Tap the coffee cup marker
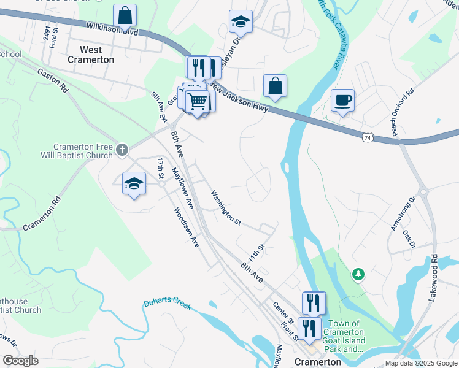pyautogui.click(x=342, y=100)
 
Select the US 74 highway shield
pyautogui.click(x=367, y=138)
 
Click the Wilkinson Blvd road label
pyautogui.click(x=112, y=28)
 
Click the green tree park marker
pyautogui.click(x=358, y=274)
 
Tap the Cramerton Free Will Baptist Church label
pyautogui.click(x=83, y=151)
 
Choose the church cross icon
pyautogui.click(x=122, y=149)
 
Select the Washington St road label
pyautogui.click(x=225, y=207)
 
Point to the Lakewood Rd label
pyautogui.click(x=434, y=272)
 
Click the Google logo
pyautogui.click(x=20, y=361)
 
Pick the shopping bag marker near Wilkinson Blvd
pyautogui.click(x=125, y=17)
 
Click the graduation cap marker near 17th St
pyautogui.click(x=134, y=184)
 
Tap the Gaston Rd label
pyautogui.click(x=52, y=80)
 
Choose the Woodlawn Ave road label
pyautogui.click(x=186, y=228)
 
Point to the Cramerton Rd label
pyautogui.click(x=43, y=214)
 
